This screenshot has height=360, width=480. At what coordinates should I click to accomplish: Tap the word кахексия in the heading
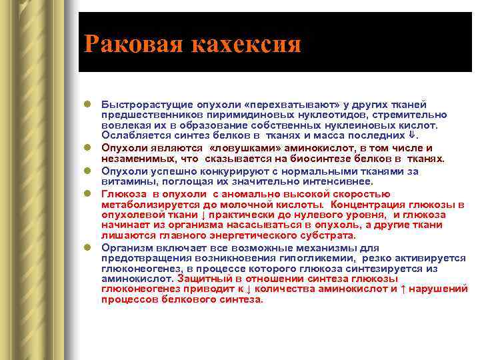(246, 45)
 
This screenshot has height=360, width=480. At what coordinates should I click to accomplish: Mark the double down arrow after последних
(411, 135)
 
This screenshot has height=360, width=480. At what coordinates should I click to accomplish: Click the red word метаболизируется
(146, 204)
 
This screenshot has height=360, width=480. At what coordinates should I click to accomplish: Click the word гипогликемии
(315, 257)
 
